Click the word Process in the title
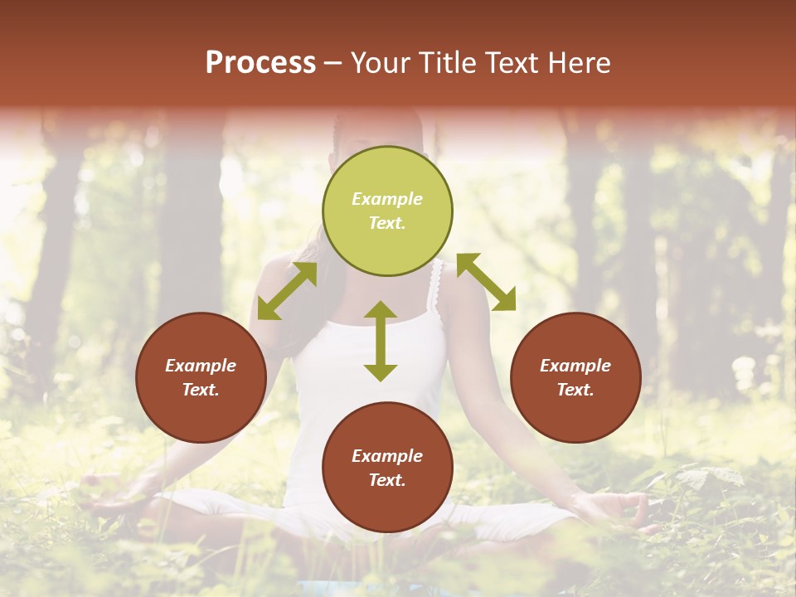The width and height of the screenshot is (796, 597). [x=260, y=63]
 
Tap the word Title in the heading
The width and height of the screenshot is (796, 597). [x=446, y=63]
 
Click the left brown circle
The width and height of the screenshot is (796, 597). [x=201, y=377]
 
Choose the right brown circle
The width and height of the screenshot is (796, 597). [x=575, y=377]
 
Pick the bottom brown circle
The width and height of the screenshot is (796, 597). [x=387, y=468]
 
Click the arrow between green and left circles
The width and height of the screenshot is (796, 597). [x=287, y=291]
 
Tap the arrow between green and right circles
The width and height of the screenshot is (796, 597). [x=486, y=282]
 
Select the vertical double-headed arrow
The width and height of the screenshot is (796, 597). [x=381, y=341]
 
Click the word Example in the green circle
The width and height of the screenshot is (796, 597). [x=387, y=199]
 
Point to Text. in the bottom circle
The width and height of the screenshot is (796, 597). [x=387, y=480]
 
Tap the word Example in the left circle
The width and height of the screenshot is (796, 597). [x=201, y=366]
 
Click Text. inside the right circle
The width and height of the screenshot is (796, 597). [x=575, y=390]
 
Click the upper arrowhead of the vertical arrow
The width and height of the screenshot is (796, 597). [x=381, y=311]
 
